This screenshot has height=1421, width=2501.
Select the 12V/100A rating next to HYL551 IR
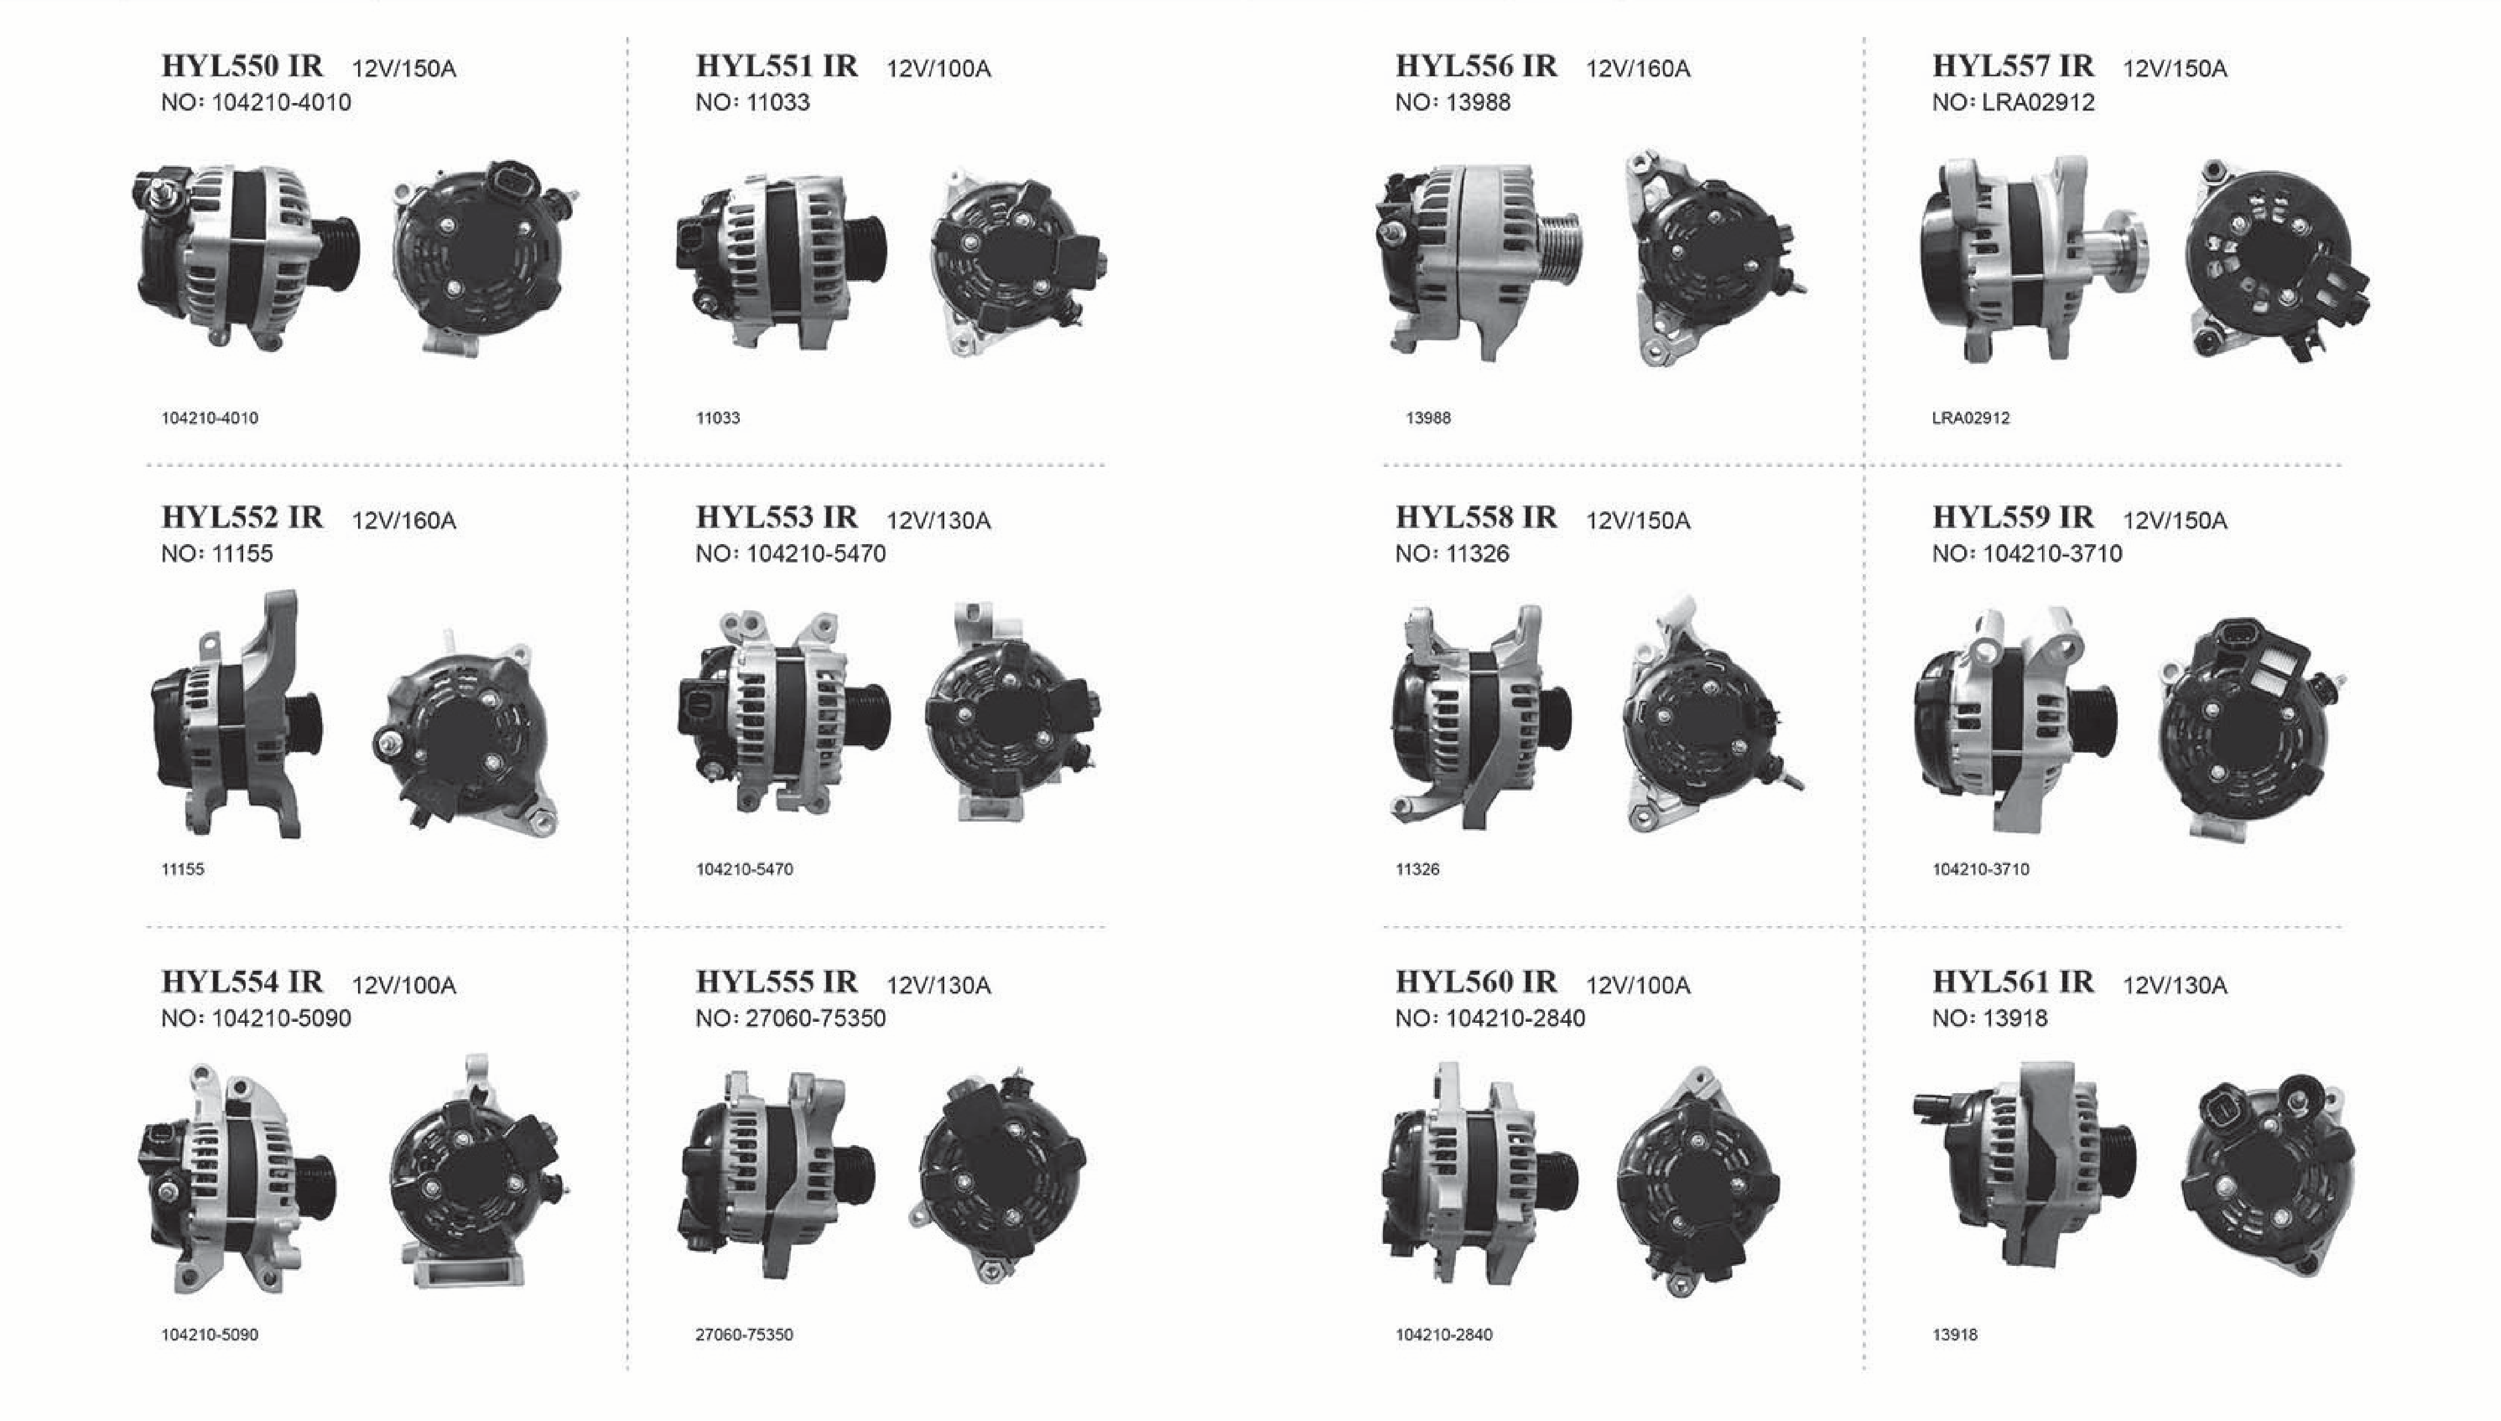[938, 68]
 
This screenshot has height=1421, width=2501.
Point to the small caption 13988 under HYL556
[1428, 417]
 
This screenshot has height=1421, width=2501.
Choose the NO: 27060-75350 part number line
[791, 1018]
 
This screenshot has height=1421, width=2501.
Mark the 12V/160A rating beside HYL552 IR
[404, 520]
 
